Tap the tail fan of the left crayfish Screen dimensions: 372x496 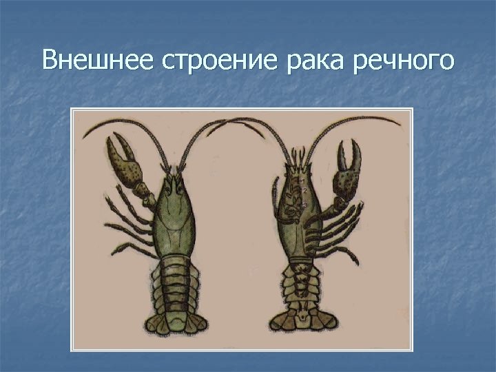[x=172, y=324]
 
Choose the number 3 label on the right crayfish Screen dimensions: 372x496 [x=304, y=205]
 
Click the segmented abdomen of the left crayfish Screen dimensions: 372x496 [x=175, y=282]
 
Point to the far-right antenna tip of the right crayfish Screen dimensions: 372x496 [x=400, y=124]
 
